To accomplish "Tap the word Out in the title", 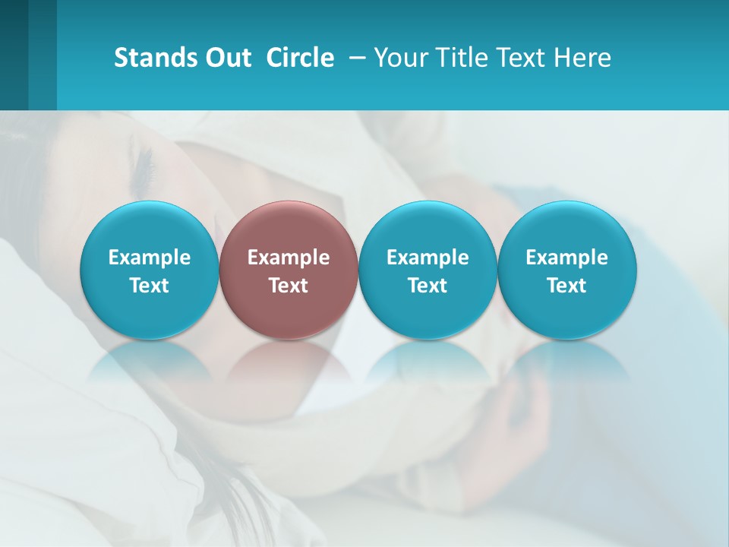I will (226, 58).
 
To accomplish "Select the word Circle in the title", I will (300, 58).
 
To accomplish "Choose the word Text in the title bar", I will (513, 58).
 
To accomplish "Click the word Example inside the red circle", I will (289, 258).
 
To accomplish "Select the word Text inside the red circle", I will (289, 286).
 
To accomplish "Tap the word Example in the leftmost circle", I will (150, 258).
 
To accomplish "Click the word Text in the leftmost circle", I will (150, 286).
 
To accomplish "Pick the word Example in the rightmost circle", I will (567, 258).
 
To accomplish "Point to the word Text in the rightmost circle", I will (567, 286).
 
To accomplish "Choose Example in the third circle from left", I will (428, 258).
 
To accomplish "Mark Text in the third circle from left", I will (428, 286).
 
